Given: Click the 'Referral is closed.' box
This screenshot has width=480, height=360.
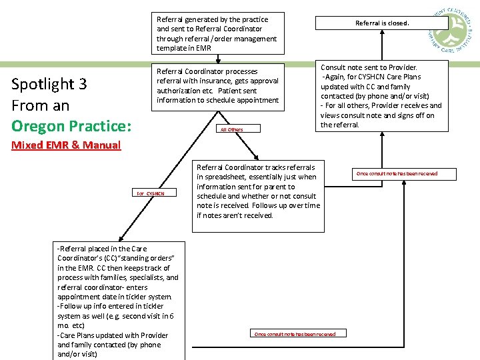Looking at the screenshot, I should [x=381, y=23].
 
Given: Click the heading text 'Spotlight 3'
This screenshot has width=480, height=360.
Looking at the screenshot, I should [x=49, y=84].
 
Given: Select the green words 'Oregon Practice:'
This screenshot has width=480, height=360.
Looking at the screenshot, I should [x=71, y=126].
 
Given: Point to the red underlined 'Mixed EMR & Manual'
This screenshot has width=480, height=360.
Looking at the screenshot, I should [x=66, y=145].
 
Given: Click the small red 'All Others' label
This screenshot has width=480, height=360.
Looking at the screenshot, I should [x=231, y=129].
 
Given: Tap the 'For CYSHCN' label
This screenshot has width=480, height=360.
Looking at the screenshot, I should [x=151, y=193].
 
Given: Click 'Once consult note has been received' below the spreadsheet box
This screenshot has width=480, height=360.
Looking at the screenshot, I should [x=295, y=333].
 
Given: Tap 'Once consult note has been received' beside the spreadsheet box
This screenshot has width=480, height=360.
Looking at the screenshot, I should [x=397, y=174].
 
